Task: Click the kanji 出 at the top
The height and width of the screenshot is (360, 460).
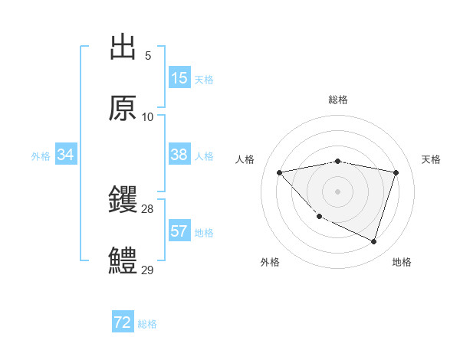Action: [x=123, y=47]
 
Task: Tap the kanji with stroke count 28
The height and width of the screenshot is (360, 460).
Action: [x=123, y=200]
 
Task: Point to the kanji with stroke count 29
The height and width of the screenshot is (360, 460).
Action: [x=123, y=261]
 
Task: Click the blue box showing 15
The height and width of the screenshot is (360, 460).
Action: [x=179, y=78]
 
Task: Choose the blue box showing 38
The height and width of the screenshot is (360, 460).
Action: [x=179, y=155]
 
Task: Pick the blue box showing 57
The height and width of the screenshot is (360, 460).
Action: [x=179, y=231]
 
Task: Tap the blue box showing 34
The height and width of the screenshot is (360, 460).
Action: [x=66, y=155]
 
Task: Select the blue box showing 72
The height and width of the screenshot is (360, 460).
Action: [x=123, y=323]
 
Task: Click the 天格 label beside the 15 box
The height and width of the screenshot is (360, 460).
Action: [x=204, y=80]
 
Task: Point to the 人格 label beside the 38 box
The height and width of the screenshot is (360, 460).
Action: [x=204, y=156]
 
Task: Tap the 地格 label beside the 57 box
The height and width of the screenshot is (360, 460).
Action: [x=204, y=233]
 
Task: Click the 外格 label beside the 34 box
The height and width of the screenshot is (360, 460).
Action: [x=41, y=156]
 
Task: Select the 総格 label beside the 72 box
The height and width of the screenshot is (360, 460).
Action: [x=147, y=325]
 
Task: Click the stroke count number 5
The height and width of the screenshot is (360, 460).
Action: [x=148, y=56]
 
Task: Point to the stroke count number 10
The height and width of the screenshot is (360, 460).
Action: [x=148, y=117]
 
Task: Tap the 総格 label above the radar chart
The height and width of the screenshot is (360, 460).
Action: [x=338, y=100]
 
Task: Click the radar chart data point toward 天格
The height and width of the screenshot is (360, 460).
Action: [x=396, y=172]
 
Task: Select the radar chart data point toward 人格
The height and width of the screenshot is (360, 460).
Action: [x=279, y=172]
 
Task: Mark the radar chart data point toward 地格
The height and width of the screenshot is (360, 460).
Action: [x=373, y=241]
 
